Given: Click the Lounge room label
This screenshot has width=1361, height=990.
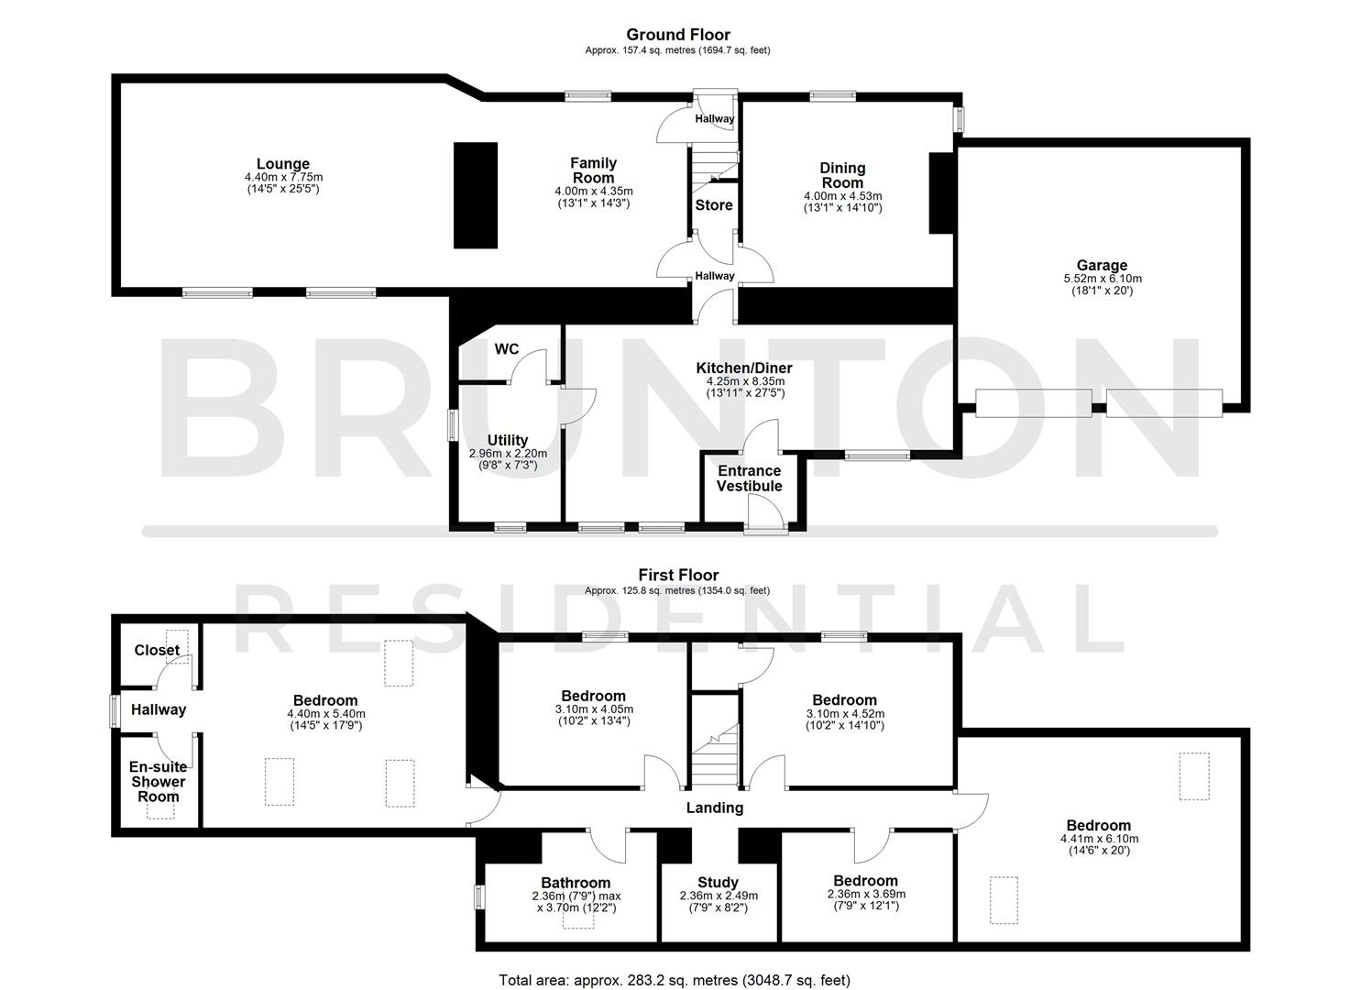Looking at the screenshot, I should (283, 165).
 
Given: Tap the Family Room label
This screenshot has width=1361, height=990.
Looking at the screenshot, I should (594, 170).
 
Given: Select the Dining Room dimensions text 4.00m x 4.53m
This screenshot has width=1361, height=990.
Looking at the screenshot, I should (842, 195).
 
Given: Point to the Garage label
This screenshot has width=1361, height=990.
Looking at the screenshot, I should (1102, 266).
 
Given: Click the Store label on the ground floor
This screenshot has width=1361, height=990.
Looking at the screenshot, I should (714, 205).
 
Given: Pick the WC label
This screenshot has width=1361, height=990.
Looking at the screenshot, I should (507, 349).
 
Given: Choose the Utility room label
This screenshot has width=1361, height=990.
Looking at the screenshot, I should (508, 440).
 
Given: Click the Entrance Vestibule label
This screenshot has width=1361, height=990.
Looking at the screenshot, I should (749, 478).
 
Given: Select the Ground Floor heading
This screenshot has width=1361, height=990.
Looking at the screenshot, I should (677, 35).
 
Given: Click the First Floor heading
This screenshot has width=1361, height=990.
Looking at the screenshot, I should (678, 575).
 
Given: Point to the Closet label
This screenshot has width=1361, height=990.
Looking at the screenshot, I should (157, 650).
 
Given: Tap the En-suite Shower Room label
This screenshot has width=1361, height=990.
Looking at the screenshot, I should (158, 782).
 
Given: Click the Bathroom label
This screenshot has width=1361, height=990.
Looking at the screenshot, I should (576, 883).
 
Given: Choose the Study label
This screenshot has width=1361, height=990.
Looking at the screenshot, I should (719, 883).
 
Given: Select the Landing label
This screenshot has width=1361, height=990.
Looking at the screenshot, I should (715, 808).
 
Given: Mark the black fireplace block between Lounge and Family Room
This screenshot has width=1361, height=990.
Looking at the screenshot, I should (476, 195).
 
